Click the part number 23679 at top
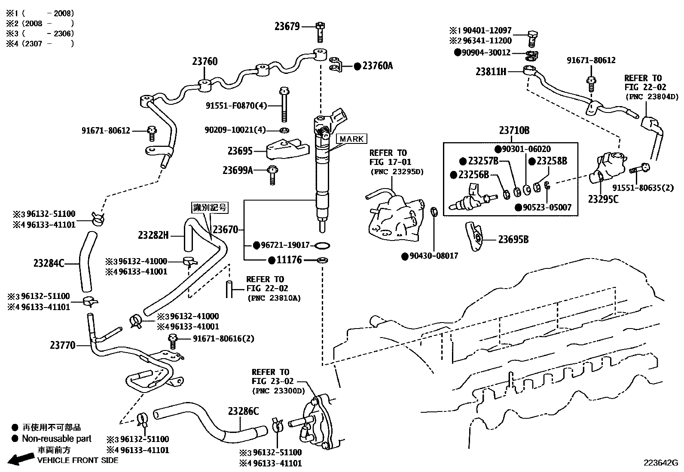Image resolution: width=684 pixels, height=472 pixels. click(287, 27)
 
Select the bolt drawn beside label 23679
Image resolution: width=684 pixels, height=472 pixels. click(320, 32)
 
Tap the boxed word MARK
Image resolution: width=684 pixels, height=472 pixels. click(351, 139)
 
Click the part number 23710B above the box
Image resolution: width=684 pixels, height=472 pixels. click(514, 130)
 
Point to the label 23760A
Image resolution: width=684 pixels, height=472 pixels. click(377, 66)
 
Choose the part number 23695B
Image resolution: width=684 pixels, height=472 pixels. click(513, 240)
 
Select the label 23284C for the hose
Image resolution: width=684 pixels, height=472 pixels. click(49, 263)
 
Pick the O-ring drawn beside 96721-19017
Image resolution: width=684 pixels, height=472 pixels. click(322, 246)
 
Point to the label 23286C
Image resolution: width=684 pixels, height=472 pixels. click(243, 411)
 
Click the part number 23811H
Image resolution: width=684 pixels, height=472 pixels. click(491, 72)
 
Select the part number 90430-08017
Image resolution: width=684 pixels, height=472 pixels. click(434, 256)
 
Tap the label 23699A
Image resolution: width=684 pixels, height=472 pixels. click(238, 171)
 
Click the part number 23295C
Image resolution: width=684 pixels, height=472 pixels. click(603, 199)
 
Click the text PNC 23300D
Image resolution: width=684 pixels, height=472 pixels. click(278, 391)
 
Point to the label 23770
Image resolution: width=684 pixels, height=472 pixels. click(63, 345)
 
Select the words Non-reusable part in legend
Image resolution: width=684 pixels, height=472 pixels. click(57, 439)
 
